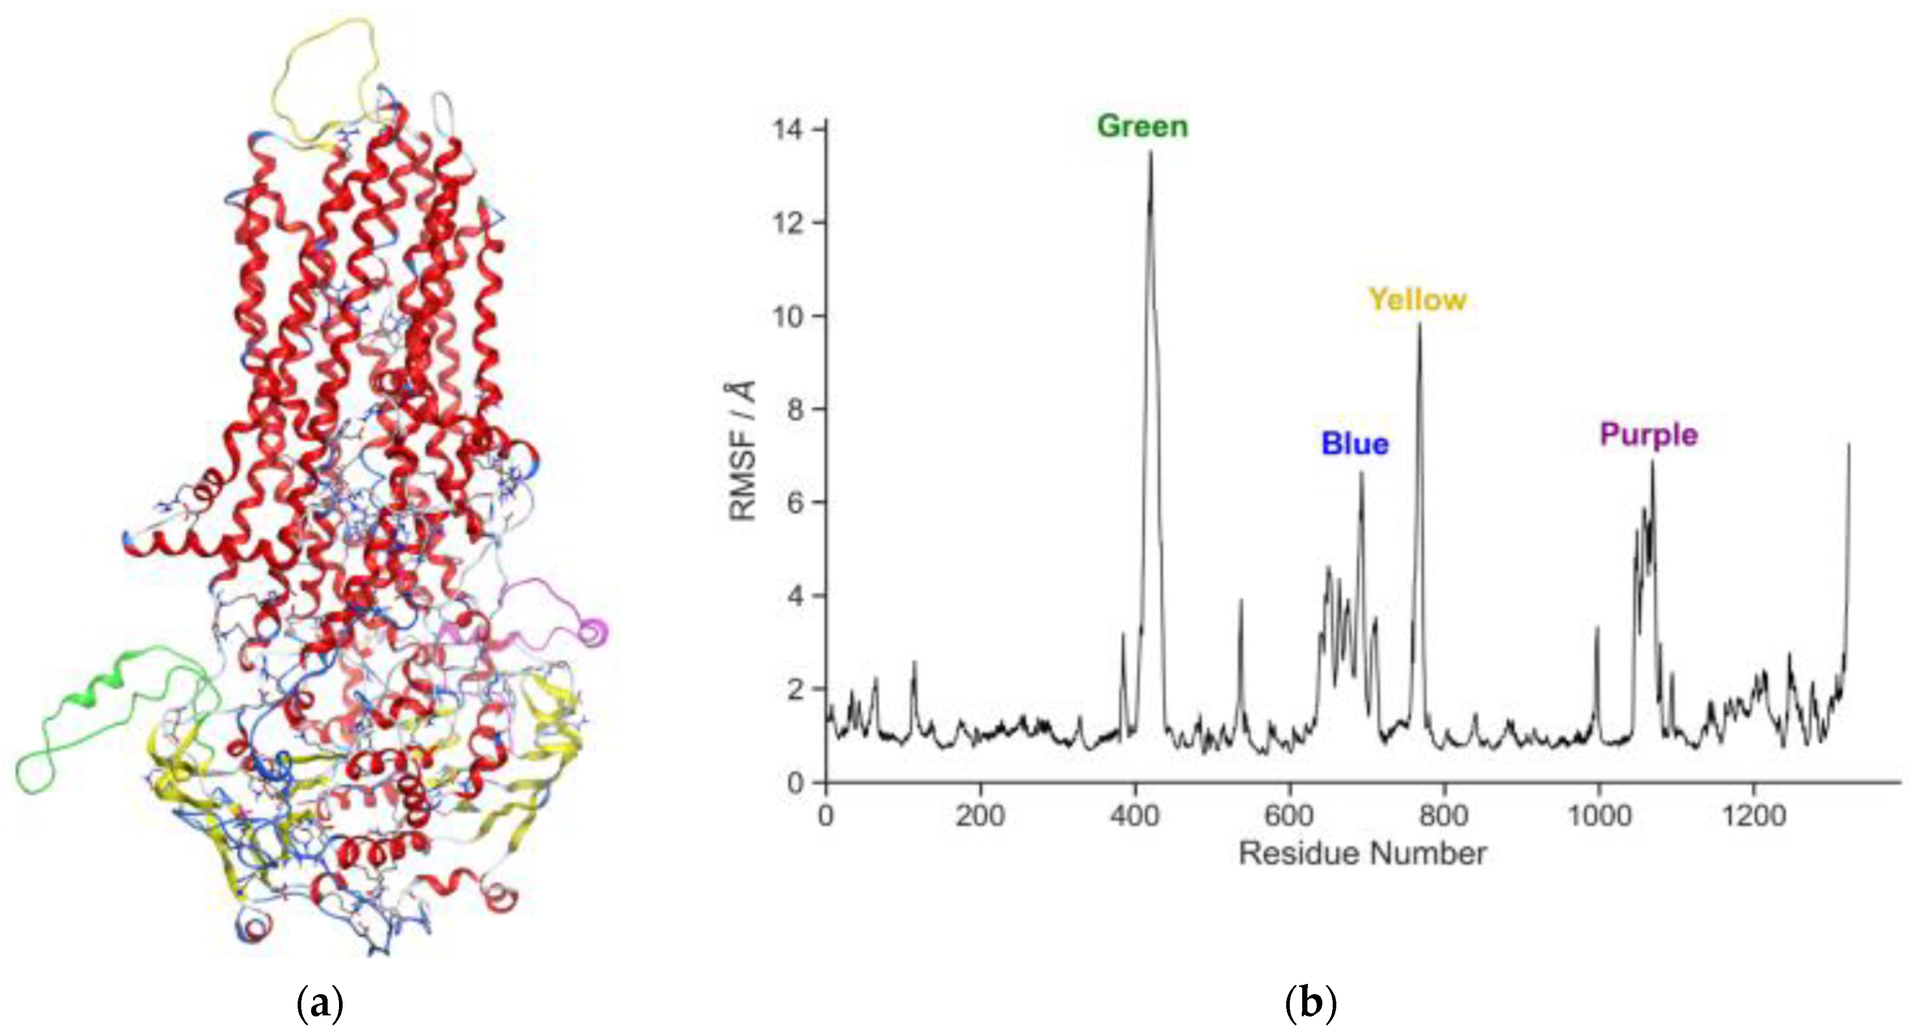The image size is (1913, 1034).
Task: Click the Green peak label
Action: (1142, 126)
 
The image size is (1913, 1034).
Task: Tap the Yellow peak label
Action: (1417, 299)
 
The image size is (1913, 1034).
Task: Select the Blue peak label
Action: (1354, 443)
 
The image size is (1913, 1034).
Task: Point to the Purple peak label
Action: (1648, 434)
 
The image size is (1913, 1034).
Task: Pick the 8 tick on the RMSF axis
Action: (795, 409)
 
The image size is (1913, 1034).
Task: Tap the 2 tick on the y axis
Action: (795, 689)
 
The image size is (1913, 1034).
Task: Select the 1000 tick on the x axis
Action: (1598, 815)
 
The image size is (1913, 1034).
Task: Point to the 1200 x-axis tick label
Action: (1753, 815)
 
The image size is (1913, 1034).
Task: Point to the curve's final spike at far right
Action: (1848, 444)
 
